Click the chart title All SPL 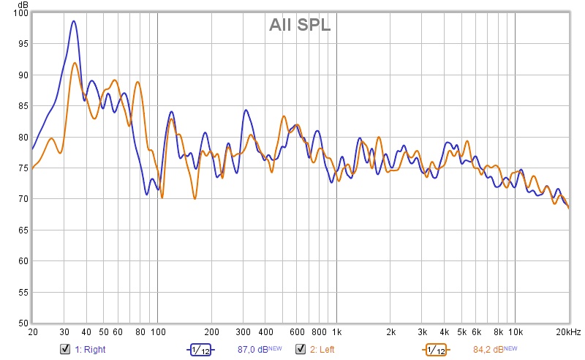pyautogui.click(x=300, y=25)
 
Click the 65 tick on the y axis pyautogui.click(x=23, y=230)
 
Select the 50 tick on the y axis pyautogui.click(x=23, y=323)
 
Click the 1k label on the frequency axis pyautogui.click(x=336, y=332)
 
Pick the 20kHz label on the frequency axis pyautogui.click(x=568, y=332)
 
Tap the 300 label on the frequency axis pyautogui.click(x=243, y=332)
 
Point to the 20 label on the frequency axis pyautogui.click(x=32, y=332)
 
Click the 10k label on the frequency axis pyautogui.click(x=515, y=332)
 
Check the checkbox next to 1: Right pyautogui.click(x=65, y=349)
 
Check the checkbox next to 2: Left pyautogui.click(x=301, y=349)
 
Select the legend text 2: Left pyautogui.click(x=324, y=350)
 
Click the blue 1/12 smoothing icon pyautogui.click(x=201, y=350)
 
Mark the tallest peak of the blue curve pyautogui.click(x=74, y=21)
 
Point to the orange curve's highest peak pyautogui.click(x=75, y=63)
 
